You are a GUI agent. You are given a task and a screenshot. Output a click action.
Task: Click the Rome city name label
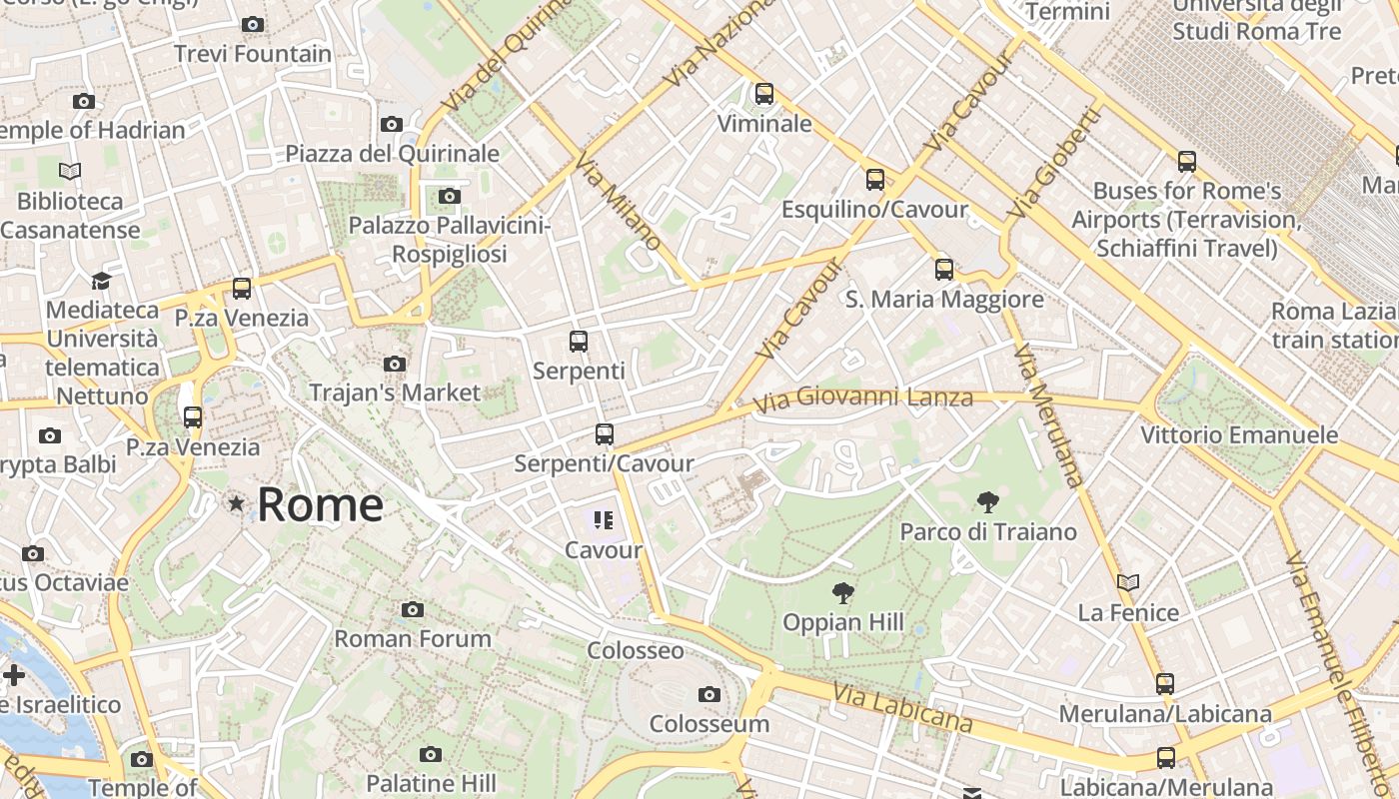pyautogui.click(x=320, y=505)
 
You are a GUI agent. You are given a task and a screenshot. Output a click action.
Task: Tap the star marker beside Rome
pyautogui.click(x=236, y=504)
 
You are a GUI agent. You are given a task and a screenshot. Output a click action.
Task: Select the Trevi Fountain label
pyautogui.click(x=253, y=54)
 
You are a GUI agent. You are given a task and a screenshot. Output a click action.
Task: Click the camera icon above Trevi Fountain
pyautogui.click(x=253, y=24)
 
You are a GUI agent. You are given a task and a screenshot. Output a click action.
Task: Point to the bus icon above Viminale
pyautogui.click(x=764, y=94)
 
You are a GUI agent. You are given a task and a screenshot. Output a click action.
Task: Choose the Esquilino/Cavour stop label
pyautogui.click(x=874, y=210)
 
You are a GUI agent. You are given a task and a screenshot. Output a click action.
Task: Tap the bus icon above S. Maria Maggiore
pyautogui.click(x=944, y=269)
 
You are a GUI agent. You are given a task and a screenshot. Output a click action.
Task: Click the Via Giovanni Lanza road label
pyautogui.click(x=863, y=399)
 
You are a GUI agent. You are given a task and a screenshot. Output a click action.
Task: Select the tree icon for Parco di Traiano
pyautogui.click(x=988, y=501)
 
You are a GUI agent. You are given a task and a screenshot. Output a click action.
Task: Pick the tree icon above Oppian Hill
pyautogui.click(x=843, y=593)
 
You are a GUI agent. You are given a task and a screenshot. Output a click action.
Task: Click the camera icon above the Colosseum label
pyautogui.click(x=709, y=694)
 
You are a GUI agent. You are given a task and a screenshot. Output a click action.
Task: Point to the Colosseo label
pyautogui.click(x=636, y=651)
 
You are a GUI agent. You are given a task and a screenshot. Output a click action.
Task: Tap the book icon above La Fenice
pyautogui.click(x=1128, y=582)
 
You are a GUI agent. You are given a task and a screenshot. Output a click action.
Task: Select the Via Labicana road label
pyautogui.click(x=902, y=708)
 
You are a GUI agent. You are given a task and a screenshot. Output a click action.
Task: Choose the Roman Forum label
pyautogui.click(x=413, y=639)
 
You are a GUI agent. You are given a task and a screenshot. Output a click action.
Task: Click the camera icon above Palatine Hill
pyautogui.click(x=431, y=754)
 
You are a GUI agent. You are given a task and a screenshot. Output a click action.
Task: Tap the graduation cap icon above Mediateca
pyautogui.click(x=101, y=281)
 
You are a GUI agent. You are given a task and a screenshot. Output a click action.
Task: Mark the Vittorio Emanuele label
pyautogui.click(x=1239, y=435)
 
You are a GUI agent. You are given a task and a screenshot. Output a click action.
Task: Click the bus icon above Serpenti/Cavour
pyautogui.click(x=604, y=434)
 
